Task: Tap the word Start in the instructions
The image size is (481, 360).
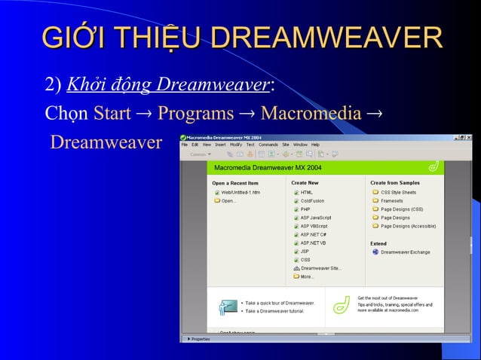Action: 112,114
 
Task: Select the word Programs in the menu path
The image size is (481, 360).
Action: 195,114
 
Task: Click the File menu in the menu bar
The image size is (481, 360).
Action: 185,145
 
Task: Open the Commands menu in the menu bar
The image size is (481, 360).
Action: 268,145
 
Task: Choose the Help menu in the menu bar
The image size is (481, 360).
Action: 315,145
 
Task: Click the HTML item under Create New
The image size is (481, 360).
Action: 306,193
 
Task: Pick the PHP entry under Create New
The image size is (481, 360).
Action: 305,209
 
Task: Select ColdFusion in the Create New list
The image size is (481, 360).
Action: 312,201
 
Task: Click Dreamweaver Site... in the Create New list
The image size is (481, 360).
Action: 320,268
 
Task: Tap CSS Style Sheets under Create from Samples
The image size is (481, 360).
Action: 397,192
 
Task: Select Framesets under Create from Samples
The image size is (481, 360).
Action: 391,201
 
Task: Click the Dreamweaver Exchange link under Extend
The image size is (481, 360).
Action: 405,252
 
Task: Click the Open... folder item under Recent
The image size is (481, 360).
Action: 228,201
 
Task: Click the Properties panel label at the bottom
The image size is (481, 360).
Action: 200,339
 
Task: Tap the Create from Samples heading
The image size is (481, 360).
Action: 394,183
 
